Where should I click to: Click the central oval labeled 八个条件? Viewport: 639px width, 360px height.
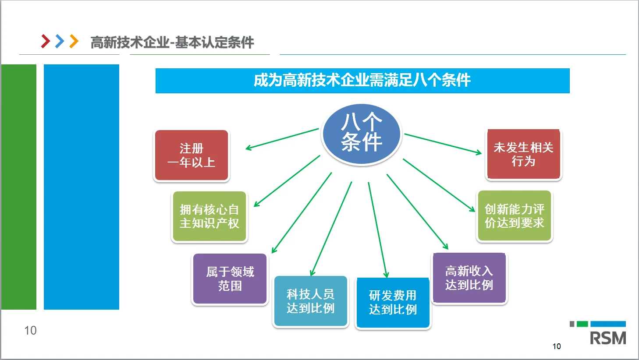point(362,134)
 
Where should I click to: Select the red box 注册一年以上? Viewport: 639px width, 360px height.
point(192,155)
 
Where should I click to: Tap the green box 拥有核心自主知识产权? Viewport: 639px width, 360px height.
point(209,216)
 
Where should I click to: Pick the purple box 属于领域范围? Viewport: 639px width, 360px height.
point(230,279)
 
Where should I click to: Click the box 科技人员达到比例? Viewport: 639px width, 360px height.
point(310,301)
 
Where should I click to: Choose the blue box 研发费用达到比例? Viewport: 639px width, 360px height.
point(393,303)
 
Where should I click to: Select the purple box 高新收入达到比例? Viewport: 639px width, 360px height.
point(469,278)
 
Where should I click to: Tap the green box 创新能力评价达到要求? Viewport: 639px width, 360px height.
point(515,216)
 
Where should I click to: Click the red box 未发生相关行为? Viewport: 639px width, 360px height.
point(524,154)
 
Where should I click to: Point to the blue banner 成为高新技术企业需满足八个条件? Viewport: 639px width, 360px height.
point(362,81)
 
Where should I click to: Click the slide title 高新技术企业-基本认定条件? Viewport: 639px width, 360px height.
point(172,42)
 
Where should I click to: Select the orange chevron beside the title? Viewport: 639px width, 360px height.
point(74,41)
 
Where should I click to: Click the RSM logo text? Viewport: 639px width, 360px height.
point(608,338)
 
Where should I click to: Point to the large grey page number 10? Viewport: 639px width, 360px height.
point(30,331)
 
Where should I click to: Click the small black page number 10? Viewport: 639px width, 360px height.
point(557,346)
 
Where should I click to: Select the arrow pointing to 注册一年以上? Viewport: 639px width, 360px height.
point(282,139)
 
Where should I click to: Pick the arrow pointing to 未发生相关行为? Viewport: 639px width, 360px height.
point(443,143)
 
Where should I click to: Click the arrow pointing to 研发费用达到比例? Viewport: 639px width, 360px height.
point(377,230)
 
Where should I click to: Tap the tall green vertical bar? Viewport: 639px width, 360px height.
point(19,187)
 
